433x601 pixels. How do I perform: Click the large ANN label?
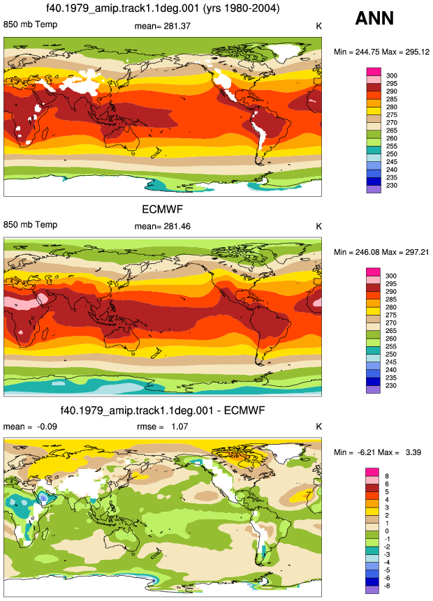[x=374, y=18]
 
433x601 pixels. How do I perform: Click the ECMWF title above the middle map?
[x=163, y=209]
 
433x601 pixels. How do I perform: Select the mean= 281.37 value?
[x=162, y=26]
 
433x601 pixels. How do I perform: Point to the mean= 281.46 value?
[x=162, y=226]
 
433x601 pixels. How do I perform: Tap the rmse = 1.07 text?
[x=162, y=426]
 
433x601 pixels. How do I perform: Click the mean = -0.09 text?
[x=30, y=426]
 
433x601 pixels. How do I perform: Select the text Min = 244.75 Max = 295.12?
[x=381, y=52]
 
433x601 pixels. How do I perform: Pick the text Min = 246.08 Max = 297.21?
[x=381, y=252]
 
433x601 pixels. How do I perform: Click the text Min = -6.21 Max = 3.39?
[x=377, y=452]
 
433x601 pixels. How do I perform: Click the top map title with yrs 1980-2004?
[x=163, y=8]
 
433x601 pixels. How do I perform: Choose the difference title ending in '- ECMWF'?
[x=163, y=410]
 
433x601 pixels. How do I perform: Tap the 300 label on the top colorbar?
[x=392, y=75]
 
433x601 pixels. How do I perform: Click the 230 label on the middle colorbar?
[x=391, y=385]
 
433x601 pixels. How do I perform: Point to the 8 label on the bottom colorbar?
[x=387, y=476]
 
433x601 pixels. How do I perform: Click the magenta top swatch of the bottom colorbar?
[x=372, y=472]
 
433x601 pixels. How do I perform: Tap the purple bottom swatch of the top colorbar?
[x=374, y=189]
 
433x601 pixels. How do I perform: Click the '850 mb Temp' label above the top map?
[x=30, y=24]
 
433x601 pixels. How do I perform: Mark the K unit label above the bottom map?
[x=318, y=426]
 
